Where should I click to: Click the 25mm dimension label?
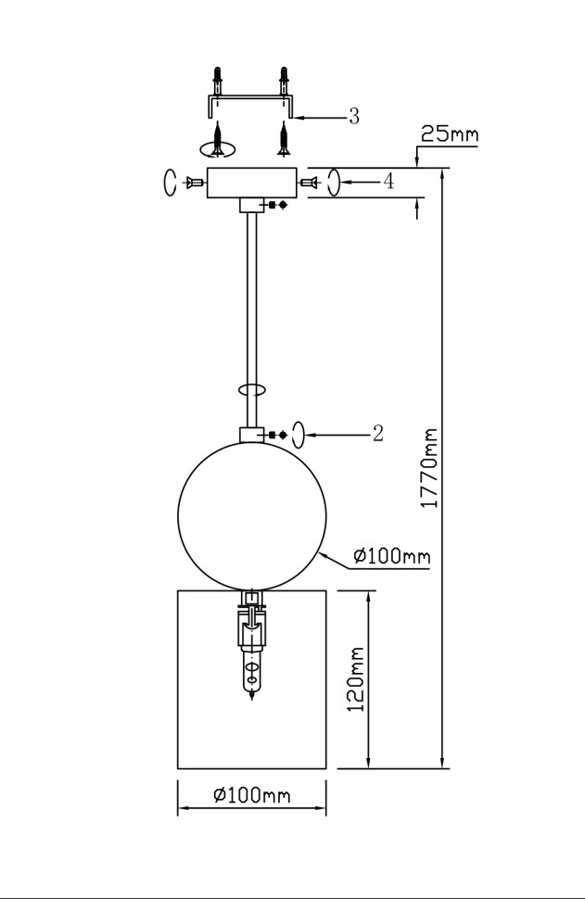pyautogui.click(x=450, y=134)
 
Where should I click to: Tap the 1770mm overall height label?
pyautogui.click(x=429, y=467)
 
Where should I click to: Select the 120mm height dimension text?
pyautogui.click(x=356, y=678)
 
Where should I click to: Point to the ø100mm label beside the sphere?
pyautogui.click(x=392, y=555)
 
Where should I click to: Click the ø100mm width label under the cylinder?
pyautogui.click(x=252, y=795)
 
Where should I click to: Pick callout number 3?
pyautogui.click(x=354, y=117)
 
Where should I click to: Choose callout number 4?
pyautogui.click(x=388, y=182)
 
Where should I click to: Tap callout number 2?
pyautogui.click(x=377, y=434)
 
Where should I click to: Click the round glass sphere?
pyautogui.click(x=252, y=516)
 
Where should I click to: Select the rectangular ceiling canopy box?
pyautogui.click(x=252, y=183)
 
